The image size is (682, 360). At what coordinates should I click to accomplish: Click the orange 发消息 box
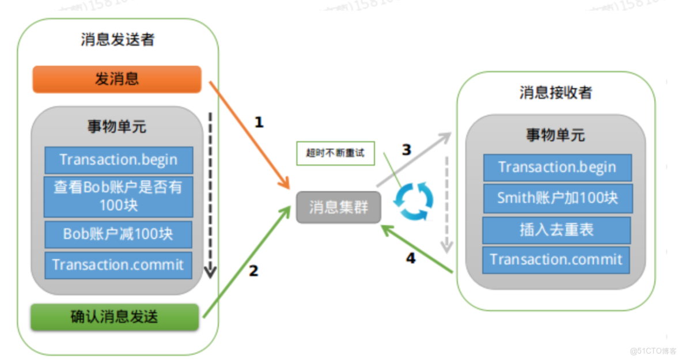click(117, 79)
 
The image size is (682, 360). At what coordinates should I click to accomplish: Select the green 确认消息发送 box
click(115, 317)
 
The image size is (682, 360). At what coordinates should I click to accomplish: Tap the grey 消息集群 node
click(339, 207)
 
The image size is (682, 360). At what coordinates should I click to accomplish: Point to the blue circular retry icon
click(414, 201)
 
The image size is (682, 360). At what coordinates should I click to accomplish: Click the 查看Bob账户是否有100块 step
click(119, 196)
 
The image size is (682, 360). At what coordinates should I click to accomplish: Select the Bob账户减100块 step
click(119, 234)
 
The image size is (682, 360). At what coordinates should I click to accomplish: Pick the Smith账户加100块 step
click(557, 198)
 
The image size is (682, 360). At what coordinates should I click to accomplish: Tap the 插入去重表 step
click(556, 230)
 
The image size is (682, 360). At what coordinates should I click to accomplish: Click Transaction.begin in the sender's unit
click(119, 160)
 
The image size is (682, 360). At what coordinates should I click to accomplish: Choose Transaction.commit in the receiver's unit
click(556, 260)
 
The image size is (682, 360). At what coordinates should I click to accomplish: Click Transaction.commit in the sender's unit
click(119, 265)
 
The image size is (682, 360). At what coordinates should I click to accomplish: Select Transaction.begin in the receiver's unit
click(557, 168)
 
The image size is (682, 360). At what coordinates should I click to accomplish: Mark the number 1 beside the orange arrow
click(259, 123)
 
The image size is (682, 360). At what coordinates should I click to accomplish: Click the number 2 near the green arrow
click(253, 271)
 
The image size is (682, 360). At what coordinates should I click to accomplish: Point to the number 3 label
click(406, 150)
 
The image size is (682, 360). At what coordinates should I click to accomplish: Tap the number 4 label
click(411, 259)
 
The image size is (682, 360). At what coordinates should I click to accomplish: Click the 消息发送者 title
click(118, 40)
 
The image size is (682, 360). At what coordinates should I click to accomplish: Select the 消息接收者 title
click(555, 93)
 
